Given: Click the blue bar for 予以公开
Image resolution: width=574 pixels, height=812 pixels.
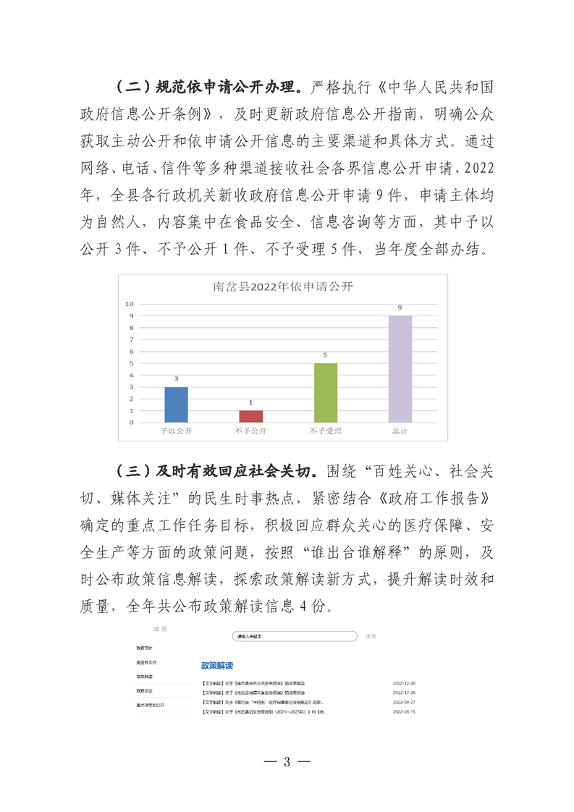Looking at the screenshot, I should coord(176,405).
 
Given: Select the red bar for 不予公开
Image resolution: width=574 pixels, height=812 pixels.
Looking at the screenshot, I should coord(250,416).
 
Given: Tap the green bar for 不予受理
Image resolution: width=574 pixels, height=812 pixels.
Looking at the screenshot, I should coord(325,392).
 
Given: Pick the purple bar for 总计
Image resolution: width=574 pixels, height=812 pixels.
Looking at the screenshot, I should coord(400,369).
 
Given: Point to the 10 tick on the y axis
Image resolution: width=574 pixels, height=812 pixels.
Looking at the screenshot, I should coord(130,304).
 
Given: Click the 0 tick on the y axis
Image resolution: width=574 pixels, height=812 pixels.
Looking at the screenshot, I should coord(131,422).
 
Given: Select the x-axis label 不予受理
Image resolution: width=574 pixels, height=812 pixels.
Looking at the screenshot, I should coord(325,431).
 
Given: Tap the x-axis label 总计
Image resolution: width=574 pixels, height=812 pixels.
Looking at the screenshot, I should coord(400,431).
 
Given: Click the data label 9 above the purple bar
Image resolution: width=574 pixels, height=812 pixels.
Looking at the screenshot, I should coord(400,308).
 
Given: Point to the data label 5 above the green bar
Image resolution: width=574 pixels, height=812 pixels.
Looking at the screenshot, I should coord(325,355).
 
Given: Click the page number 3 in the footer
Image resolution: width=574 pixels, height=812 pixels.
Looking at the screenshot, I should coord(287,761).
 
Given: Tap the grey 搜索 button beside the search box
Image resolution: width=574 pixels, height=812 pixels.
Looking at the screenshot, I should coord(371,637).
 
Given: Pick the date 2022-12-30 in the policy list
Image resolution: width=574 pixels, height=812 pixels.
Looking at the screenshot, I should coord(403,682).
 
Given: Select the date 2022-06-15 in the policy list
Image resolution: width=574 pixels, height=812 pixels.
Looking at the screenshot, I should coord(403,711).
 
